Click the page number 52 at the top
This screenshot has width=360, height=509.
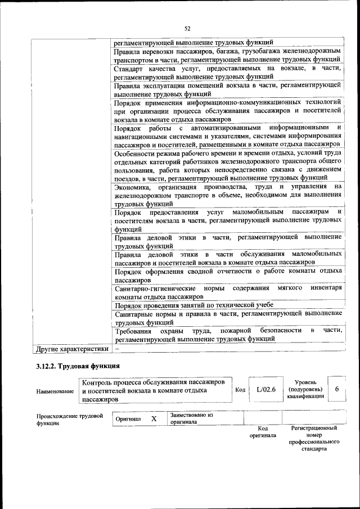click(x=187, y=28)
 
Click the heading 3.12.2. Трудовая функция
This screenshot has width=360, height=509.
click(x=70, y=367)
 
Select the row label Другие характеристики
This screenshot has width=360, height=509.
click(x=71, y=349)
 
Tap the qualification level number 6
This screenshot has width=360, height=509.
click(x=336, y=389)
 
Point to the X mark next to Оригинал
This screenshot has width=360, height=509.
click(x=154, y=419)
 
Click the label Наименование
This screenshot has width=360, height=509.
click(x=55, y=391)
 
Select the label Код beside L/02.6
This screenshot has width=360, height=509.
click(x=240, y=389)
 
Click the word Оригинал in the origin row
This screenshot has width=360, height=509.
click(x=128, y=420)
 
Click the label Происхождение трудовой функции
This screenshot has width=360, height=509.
click(x=69, y=420)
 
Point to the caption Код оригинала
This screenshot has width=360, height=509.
click(x=262, y=431)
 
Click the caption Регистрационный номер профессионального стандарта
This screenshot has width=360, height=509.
click(x=313, y=439)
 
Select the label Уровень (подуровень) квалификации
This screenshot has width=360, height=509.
click(x=305, y=389)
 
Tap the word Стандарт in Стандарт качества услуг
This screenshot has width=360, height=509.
click(x=129, y=68)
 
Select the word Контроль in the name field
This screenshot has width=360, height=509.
click(x=97, y=382)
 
